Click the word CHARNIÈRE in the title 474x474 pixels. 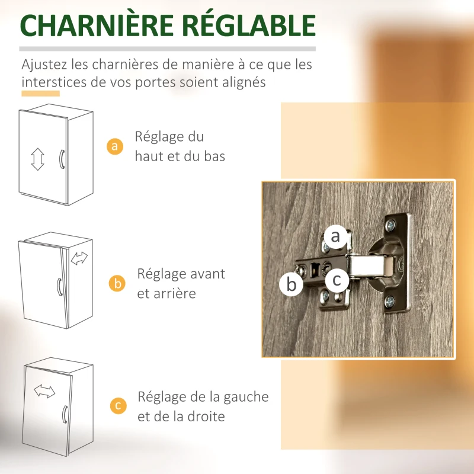click(x=97, y=25)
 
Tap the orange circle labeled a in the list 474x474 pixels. click(x=115, y=146)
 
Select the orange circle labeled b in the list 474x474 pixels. click(x=117, y=284)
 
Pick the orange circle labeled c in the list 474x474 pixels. click(x=118, y=406)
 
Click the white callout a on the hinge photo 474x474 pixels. click(x=335, y=236)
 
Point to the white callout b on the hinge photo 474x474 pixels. click(x=291, y=284)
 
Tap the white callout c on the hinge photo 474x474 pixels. click(x=337, y=280)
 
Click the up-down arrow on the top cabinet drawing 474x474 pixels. click(x=37, y=159)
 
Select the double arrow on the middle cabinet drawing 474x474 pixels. click(x=79, y=258)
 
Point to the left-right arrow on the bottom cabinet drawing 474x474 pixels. click(x=44, y=391)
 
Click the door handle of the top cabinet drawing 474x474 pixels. click(x=62, y=159)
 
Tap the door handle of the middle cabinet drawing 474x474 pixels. click(x=60, y=287)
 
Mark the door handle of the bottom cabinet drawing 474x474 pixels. click(x=65, y=414)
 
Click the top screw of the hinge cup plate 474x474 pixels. click(x=390, y=225)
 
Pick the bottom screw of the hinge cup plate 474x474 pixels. click(x=390, y=301)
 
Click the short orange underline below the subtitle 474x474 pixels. click(x=40, y=94)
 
